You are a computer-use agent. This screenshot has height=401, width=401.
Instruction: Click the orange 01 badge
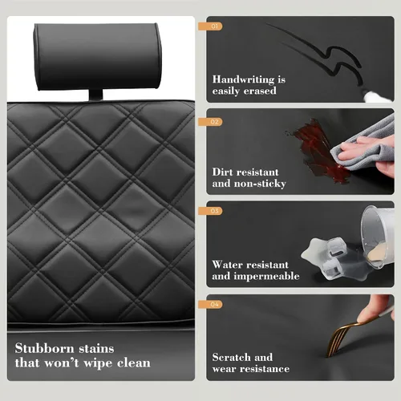tap(210, 26)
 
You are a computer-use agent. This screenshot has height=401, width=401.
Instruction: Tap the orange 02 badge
tap(210, 122)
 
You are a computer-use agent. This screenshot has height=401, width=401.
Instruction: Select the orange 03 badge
tap(210, 211)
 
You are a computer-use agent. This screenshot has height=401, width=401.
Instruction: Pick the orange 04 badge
tap(210, 304)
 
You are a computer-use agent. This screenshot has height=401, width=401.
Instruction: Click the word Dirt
tap(222, 172)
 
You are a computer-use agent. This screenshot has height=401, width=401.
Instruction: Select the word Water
tap(226, 265)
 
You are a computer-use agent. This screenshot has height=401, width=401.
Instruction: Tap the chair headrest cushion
tap(98, 56)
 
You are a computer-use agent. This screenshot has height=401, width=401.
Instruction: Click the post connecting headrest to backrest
tap(95, 95)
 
